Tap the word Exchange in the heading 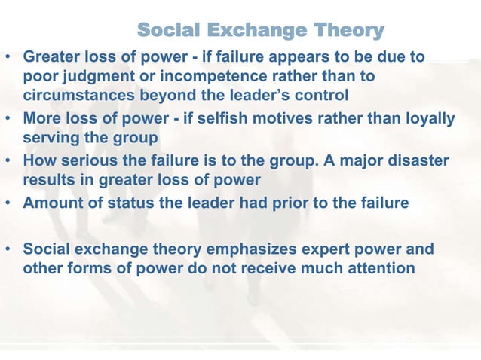coord(250,31)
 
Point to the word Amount coord(53,203)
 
